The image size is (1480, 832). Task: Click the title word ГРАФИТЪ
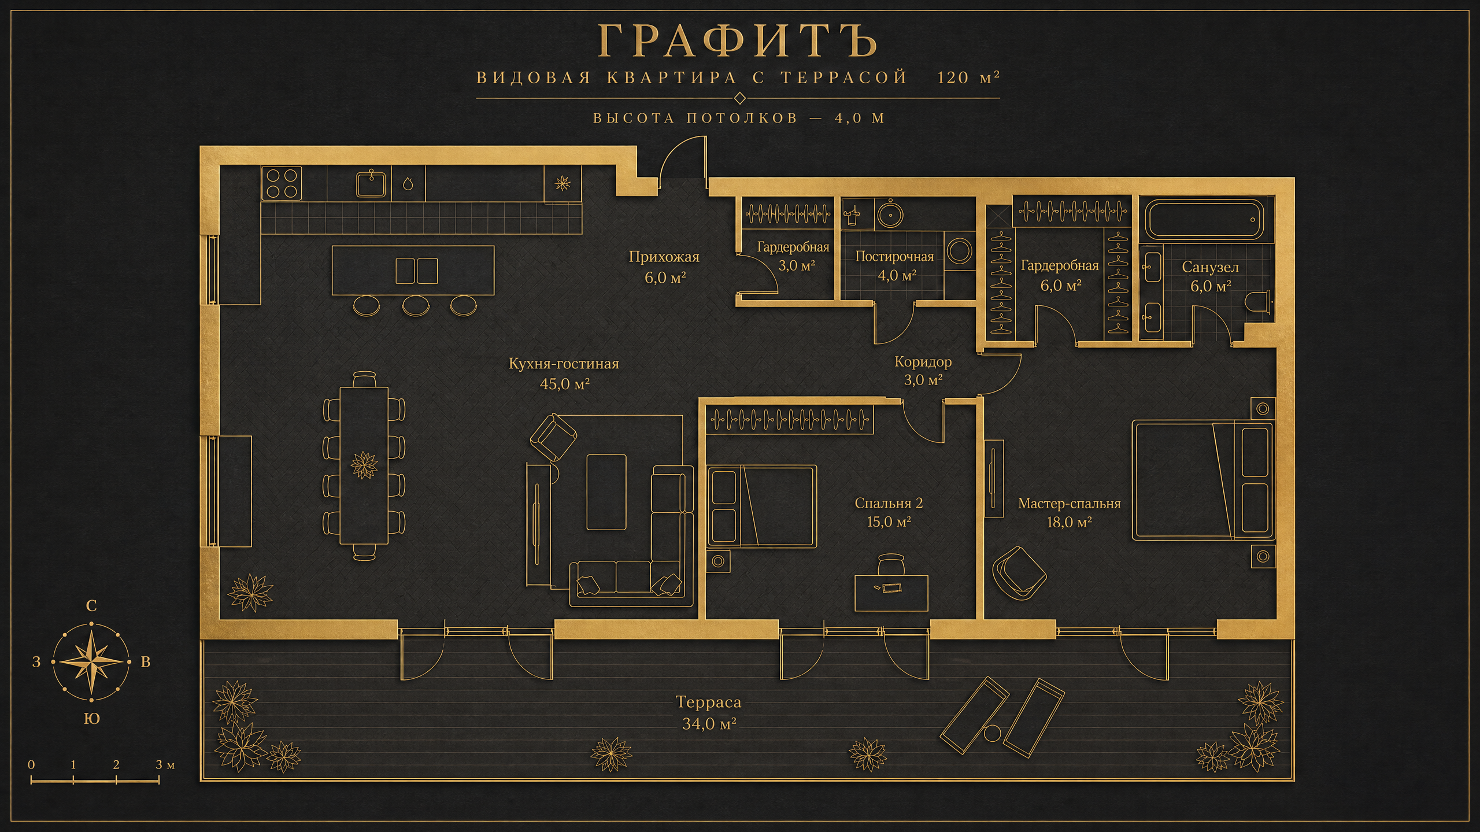click(x=738, y=40)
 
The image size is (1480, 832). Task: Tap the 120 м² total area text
click(x=968, y=77)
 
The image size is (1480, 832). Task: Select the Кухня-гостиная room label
click(x=564, y=364)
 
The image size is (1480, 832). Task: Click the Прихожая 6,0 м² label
click(x=664, y=267)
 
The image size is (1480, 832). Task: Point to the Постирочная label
click(x=894, y=257)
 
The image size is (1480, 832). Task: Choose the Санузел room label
click(x=1210, y=267)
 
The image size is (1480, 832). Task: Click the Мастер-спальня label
click(x=1069, y=504)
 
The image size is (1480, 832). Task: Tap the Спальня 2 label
click(x=889, y=503)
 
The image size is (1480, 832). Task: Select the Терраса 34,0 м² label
click(x=709, y=712)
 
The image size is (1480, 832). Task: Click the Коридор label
click(x=923, y=362)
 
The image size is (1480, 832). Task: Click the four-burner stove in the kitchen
click(x=282, y=183)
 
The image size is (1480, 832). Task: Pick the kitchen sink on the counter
click(x=371, y=183)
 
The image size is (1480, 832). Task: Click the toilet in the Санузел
click(x=1258, y=302)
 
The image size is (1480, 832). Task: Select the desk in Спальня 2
click(x=891, y=593)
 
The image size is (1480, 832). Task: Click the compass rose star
click(x=91, y=661)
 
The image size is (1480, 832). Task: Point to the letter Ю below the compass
click(x=92, y=719)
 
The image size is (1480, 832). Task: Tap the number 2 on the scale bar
click(x=116, y=764)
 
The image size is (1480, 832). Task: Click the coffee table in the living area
click(x=606, y=492)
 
